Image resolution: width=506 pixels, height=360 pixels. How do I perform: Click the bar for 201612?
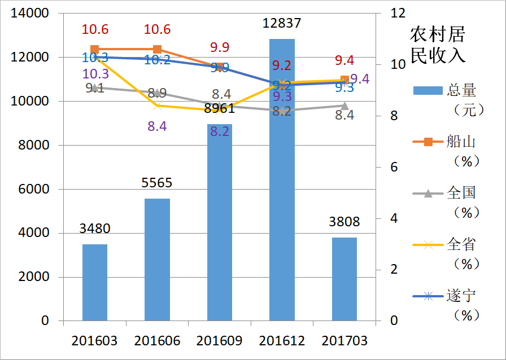(x=282, y=181)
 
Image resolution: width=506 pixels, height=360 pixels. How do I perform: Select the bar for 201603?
(x=95, y=282)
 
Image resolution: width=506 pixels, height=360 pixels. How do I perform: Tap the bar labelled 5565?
(x=157, y=260)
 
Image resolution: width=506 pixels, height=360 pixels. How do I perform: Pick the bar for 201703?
(x=344, y=279)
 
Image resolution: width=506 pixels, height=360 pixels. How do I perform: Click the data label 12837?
(x=282, y=23)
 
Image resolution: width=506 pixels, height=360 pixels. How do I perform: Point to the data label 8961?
(x=219, y=108)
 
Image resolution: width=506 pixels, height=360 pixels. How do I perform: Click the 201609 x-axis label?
(x=219, y=341)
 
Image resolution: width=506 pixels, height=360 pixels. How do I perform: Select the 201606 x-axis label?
(x=157, y=341)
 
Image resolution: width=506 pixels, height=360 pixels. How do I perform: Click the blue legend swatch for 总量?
(x=428, y=90)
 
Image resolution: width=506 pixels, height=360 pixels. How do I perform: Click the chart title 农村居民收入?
(x=438, y=45)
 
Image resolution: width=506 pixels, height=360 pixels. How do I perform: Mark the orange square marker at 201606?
(x=157, y=50)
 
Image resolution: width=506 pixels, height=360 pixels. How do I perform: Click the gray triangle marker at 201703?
(x=344, y=106)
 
